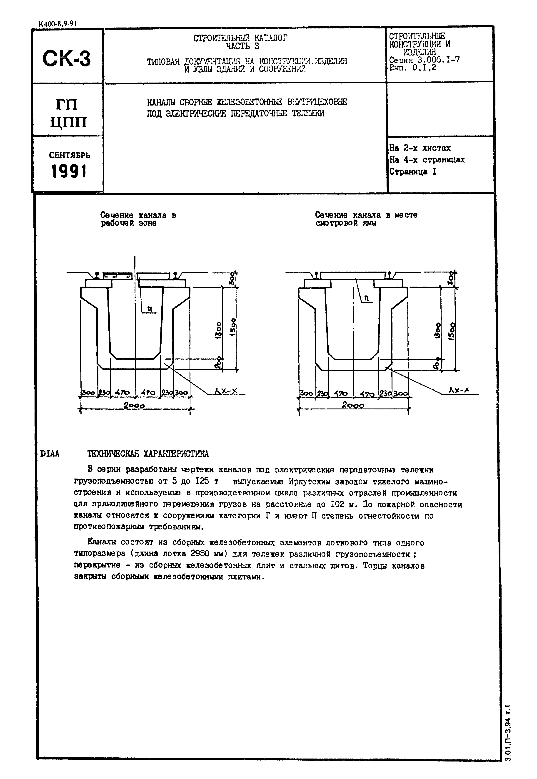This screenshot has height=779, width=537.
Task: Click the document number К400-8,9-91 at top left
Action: [x=57, y=24]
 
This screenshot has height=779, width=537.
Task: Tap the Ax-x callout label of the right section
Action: [x=459, y=390]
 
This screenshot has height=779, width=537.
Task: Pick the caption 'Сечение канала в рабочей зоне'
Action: [x=138, y=219]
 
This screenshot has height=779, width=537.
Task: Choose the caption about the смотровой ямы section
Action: [x=366, y=219]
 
